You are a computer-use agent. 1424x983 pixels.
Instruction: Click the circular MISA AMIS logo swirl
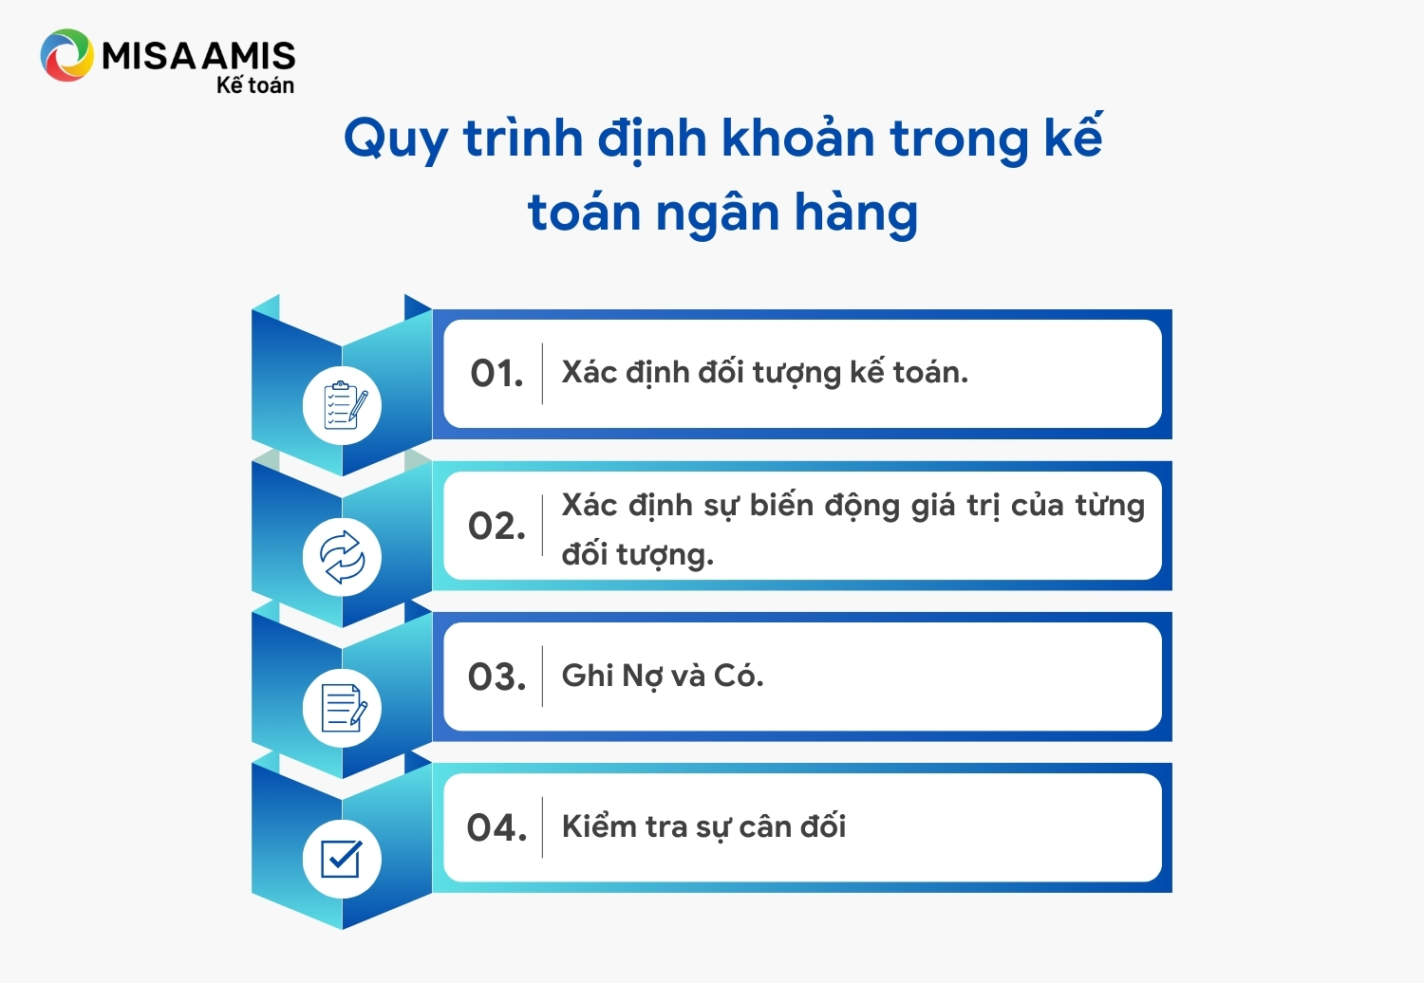66,55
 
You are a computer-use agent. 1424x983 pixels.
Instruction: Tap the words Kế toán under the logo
255,84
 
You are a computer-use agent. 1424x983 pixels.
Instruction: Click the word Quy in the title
396,139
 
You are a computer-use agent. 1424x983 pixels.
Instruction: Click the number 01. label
497,374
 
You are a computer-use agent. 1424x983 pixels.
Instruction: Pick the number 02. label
497,526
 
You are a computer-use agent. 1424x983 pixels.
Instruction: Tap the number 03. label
497,677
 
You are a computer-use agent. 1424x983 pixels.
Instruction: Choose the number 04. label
497,828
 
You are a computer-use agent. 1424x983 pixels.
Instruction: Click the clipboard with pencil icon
344,405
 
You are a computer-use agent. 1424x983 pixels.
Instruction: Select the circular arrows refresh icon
342,557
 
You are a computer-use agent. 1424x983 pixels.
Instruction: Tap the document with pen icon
344,708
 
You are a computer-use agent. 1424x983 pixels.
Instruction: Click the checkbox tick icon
342,859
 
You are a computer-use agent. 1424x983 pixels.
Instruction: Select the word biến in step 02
781,505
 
